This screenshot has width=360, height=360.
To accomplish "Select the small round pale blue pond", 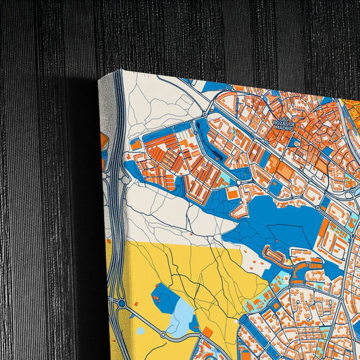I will tap(140, 332).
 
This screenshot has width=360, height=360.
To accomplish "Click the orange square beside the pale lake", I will tap(207, 332).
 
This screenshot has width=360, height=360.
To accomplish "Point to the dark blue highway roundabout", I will tap(121, 304).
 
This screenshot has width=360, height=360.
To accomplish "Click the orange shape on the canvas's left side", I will tap(104, 140).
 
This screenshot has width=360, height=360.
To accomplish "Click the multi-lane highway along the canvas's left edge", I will tap(117, 203).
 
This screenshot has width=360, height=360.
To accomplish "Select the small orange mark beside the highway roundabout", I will tap(134, 304).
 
